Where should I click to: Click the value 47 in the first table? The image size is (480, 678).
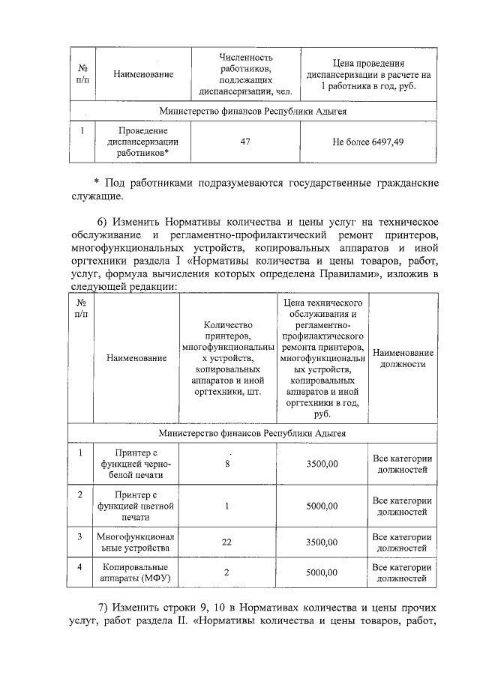244,141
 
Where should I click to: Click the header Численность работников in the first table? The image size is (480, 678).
245,75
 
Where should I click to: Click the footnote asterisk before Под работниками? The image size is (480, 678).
97,184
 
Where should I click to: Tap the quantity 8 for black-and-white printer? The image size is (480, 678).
228,464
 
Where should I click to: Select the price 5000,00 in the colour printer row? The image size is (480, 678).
322,506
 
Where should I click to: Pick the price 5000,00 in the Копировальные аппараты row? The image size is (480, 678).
322,573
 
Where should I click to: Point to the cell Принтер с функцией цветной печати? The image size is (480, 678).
135,506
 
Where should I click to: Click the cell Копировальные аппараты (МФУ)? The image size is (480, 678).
135,573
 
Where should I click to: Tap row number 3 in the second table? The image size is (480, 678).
80,537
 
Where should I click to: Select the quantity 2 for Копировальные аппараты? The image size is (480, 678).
228,573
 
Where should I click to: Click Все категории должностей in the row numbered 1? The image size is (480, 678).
403,464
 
